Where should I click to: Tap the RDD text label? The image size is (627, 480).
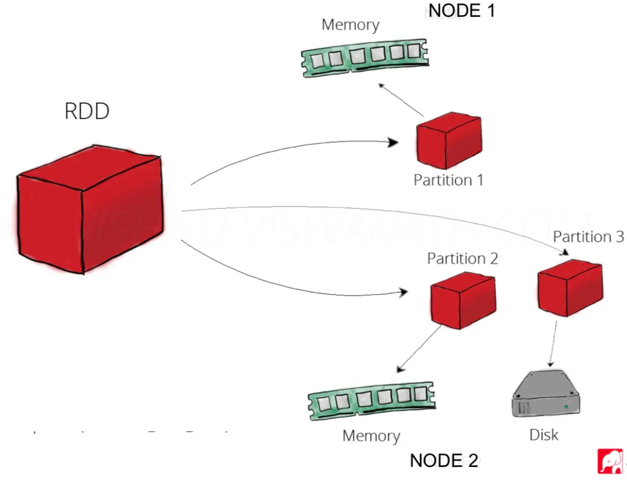click(x=87, y=112)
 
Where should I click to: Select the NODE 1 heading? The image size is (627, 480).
click(x=462, y=10)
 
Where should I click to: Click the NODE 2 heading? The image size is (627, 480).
click(x=444, y=460)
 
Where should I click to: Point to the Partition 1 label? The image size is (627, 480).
click(x=448, y=180)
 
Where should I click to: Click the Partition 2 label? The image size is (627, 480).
click(x=462, y=259)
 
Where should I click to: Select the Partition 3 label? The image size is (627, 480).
click(x=588, y=236)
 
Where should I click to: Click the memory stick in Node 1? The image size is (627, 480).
click(x=364, y=57)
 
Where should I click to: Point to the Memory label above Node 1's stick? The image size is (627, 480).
click(x=350, y=25)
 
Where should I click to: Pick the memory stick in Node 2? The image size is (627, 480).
click(x=372, y=402)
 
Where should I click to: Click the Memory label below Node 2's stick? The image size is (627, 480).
click(x=371, y=435)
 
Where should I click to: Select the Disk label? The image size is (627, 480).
click(x=544, y=434)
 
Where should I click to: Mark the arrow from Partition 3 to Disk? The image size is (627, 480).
click(x=554, y=344)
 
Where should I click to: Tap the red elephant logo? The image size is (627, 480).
click(x=610, y=461)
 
